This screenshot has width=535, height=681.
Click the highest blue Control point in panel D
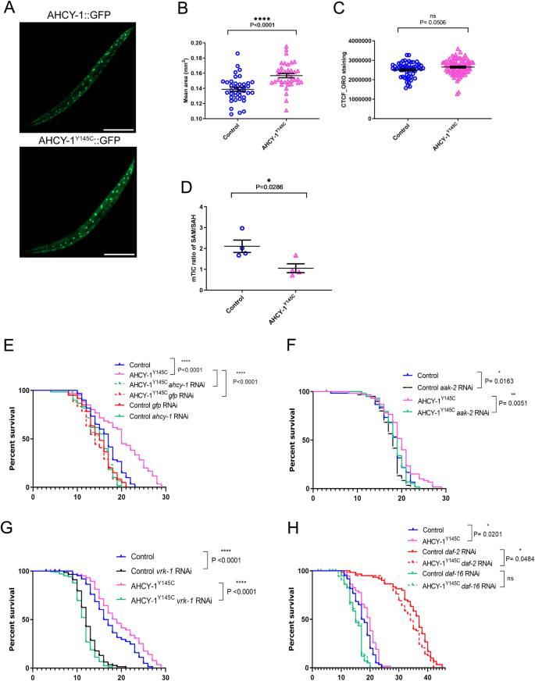pos(242,229)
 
